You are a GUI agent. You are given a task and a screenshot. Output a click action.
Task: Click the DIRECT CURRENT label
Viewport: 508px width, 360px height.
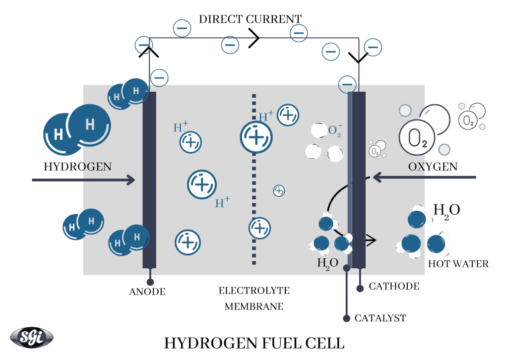tap(250, 19)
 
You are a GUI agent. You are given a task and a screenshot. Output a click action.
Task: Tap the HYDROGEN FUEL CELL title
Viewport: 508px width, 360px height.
tap(254, 343)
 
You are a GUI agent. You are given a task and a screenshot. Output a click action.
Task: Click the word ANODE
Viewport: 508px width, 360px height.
tap(147, 292)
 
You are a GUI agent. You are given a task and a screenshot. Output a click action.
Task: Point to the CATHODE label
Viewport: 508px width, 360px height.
tap(394, 286)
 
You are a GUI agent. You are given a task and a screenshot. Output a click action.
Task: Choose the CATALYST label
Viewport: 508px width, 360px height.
tap(380, 318)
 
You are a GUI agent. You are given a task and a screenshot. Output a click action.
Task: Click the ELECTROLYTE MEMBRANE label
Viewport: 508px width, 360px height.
tap(254, 299)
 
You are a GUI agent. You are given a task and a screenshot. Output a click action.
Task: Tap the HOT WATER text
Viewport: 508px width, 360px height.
tap(458, 264)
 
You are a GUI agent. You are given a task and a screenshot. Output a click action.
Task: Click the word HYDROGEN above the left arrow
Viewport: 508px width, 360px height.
tap(77, 166)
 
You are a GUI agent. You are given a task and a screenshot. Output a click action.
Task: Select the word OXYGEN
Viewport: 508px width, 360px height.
tap(433, 166)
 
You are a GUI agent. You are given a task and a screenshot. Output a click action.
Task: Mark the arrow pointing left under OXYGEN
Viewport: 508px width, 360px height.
tap(424, 177)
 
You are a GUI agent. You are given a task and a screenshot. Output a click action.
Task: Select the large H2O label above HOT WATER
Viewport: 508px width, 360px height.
tap(446, 210)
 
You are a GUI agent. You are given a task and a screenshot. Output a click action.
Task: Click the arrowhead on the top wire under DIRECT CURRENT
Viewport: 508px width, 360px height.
tap(254, 38)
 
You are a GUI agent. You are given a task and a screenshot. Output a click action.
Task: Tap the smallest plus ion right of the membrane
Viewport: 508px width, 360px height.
tap(279, 190)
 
